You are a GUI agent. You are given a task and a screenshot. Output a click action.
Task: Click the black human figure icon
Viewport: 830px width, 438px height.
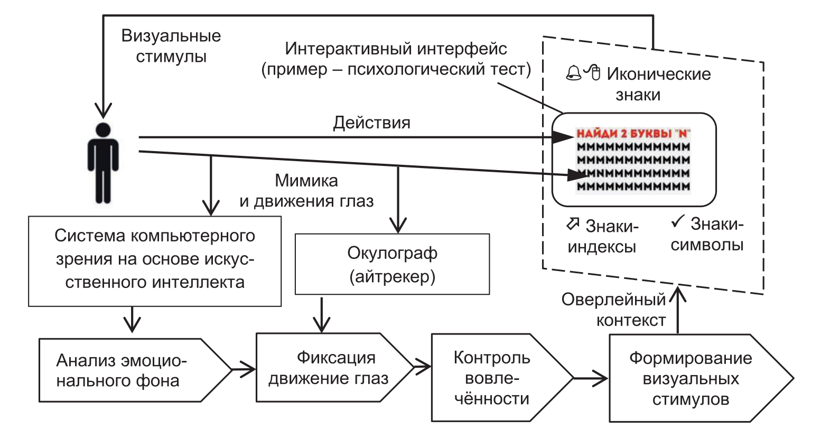click(103, 163)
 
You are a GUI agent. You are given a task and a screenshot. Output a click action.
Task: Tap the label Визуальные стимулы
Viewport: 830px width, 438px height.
click(171, 46)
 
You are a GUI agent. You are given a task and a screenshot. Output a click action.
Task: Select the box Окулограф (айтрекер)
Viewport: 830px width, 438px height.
click(392, 264)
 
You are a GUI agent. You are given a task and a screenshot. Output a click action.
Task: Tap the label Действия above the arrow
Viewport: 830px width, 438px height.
click(371, 123)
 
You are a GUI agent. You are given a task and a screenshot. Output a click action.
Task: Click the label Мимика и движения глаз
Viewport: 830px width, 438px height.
click(306, 191)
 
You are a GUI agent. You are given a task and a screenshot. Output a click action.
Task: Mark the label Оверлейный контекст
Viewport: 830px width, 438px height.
click(614, 310)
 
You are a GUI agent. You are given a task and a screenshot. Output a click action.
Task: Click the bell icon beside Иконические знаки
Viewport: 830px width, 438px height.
click(573, 73)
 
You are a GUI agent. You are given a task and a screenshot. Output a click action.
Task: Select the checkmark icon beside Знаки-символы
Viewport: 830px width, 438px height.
click(677, 222)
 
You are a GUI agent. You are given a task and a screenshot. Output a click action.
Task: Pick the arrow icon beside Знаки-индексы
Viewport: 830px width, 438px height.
click(573, 224)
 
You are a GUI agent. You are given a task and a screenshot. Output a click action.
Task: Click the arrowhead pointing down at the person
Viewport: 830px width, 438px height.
click(103, 110)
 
